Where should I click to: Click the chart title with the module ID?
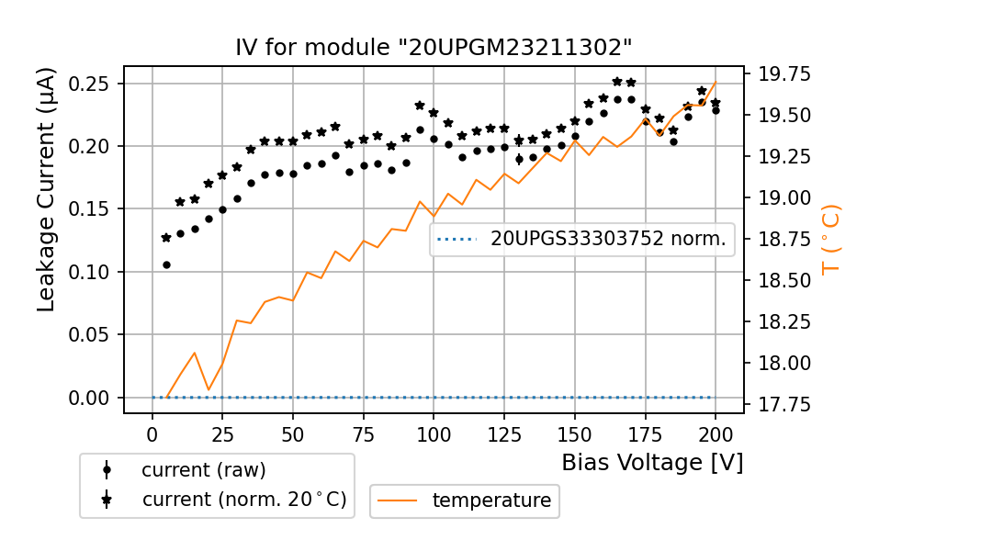coord(434,48)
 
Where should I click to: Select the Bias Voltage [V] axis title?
coord(652,463)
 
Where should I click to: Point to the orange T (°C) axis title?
coord(830,239)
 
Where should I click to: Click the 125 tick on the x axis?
coord(504,433)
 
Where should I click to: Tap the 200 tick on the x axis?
coord(716,433)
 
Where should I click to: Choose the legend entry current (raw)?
coord(203,470)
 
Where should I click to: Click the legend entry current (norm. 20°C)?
coord(243,500)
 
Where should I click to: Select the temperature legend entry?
coord(491,500)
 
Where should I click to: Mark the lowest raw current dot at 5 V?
coord(166,264)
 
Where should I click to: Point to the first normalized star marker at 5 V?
coord(166,238)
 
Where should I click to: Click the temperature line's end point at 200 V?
coord(716,82)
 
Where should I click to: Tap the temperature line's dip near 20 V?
coord(209,389)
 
